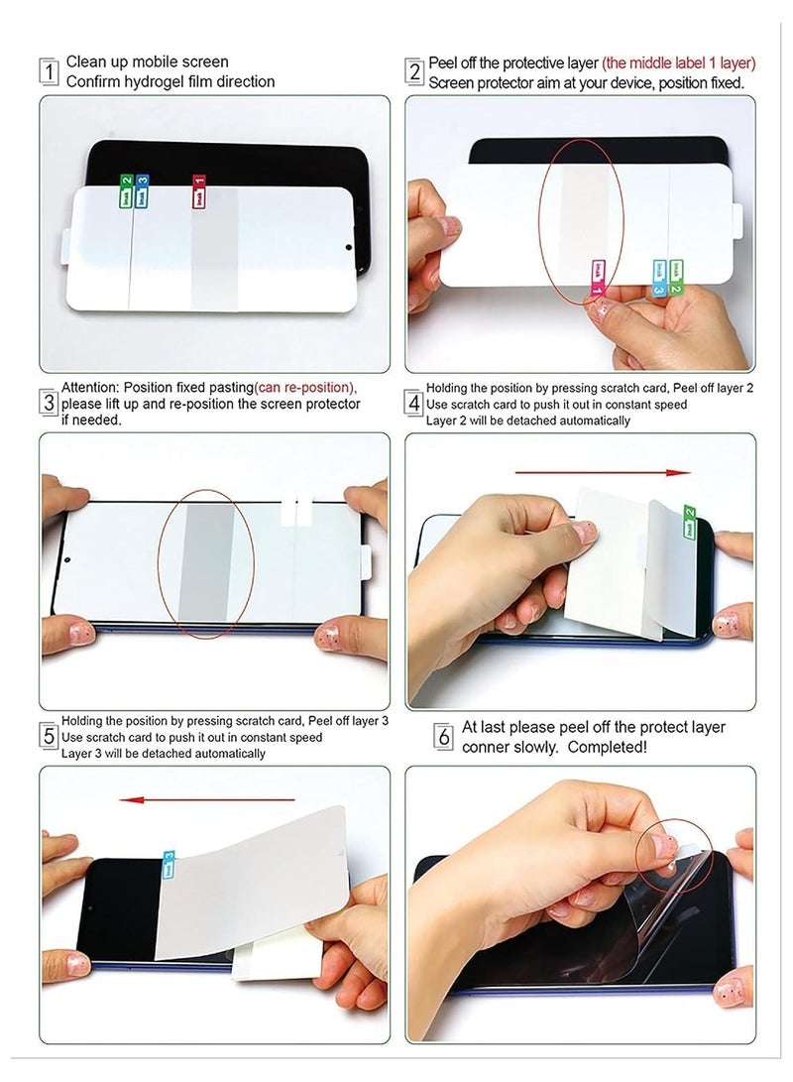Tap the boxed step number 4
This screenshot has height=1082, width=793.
(414, 405)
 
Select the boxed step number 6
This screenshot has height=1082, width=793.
(443, 737)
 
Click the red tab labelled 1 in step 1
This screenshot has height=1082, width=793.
(197, 191)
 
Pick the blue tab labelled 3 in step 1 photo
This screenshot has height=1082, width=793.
(142, 192)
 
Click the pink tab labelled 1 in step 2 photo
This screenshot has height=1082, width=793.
(598, 277)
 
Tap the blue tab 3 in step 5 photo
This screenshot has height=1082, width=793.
(169, 863)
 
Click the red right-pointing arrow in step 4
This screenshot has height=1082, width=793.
(604, 473)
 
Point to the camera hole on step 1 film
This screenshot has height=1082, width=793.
(349, 246)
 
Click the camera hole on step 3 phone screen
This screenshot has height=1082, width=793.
(68, 558)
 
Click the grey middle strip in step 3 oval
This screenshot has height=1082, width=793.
(207, 567)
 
